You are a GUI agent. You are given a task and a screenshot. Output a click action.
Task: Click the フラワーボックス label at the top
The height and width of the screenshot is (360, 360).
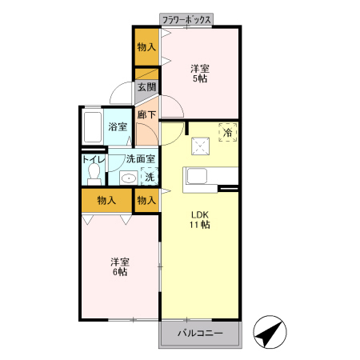(x=186, y=20)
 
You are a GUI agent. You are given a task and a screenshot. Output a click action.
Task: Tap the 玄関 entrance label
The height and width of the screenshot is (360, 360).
(x=146, y=87)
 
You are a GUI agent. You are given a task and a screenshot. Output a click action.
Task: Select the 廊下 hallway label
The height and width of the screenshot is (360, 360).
(x=146, y=114)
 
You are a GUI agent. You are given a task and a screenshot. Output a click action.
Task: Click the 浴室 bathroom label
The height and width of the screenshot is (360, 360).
(x=118, y=126)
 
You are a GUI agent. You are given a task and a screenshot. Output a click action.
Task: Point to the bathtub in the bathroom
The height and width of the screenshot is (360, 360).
(x=93, y=127)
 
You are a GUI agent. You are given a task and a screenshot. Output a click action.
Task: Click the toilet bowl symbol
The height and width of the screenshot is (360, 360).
(x=94, y=174)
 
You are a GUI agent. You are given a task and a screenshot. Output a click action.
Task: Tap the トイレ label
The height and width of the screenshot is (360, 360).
(x=94, y=159)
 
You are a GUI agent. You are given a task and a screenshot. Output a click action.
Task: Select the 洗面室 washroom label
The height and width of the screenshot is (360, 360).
(x=141, y=159)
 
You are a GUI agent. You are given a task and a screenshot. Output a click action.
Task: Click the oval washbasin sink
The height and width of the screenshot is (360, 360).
(x=129, y=178)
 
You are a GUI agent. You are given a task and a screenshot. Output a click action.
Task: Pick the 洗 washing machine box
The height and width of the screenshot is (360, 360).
(x=150, y=176)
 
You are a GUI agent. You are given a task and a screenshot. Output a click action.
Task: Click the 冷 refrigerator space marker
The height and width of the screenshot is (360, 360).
(x=228, y=132)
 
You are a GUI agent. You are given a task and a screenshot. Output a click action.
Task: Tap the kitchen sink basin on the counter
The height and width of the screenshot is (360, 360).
(x=197, y=176)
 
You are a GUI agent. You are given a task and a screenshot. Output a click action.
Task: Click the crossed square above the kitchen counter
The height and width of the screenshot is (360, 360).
(x=200, y=146)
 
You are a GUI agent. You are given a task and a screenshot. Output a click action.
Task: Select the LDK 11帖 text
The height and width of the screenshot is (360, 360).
(x=200, y=220)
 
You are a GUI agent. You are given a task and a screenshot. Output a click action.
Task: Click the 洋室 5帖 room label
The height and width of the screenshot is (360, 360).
(x=200, y=74)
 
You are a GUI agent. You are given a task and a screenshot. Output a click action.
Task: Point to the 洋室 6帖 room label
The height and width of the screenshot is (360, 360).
(x=120, y=266)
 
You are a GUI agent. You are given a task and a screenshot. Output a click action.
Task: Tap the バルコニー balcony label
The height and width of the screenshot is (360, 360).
(x=200, y=334)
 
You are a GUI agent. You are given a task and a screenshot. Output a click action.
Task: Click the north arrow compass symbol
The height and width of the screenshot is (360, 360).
(x=270, y=332)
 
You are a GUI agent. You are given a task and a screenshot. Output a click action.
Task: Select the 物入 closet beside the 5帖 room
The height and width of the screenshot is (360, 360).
(x=146, y=47)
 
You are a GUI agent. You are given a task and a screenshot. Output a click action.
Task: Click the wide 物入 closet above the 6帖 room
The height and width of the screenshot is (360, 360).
(x=106, y=200)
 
